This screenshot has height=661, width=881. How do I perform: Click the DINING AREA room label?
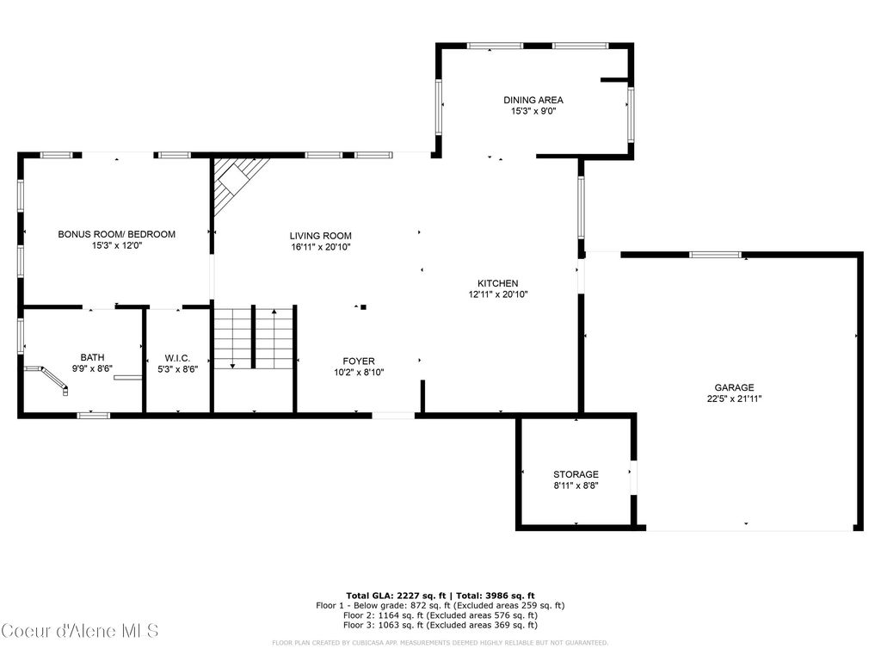[533, 100]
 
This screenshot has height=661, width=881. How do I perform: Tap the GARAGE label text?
[733, 387]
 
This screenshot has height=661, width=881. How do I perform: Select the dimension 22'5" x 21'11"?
[733, 398]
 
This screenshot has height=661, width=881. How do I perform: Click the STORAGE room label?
[576, 474]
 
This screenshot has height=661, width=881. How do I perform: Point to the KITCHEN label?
[497, 283]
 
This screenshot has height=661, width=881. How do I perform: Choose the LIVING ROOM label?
[320, 236]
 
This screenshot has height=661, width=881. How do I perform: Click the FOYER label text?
[359, 361]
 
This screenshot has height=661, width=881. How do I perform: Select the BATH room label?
[92, 357]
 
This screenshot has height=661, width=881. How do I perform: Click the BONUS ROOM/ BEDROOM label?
[116, 234]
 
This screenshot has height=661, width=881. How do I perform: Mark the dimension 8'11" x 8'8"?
[576, 485]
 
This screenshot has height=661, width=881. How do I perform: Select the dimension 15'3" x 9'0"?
[533, 111]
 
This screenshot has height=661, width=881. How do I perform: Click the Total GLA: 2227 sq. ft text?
[393, 596]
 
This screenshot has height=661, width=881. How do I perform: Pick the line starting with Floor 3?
[440, 625]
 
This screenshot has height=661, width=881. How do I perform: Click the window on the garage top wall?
[716, 255]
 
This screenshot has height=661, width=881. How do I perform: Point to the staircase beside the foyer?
[254, 337]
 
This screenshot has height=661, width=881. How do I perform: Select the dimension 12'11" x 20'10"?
[497, 294]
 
